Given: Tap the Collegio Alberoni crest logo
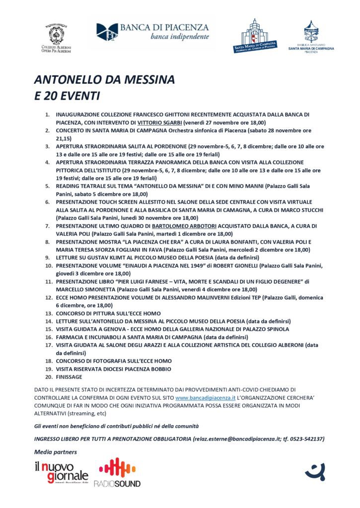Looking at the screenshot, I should [x=56, y=38].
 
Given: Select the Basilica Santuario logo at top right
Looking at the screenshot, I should [x=311, y=36].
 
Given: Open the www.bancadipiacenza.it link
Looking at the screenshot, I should [x=206, y=398].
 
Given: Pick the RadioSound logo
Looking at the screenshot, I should [x=119, y=472].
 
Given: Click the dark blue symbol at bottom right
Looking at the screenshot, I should [x=315, y=470].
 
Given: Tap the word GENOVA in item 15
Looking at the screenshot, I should [x=121, y=329].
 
